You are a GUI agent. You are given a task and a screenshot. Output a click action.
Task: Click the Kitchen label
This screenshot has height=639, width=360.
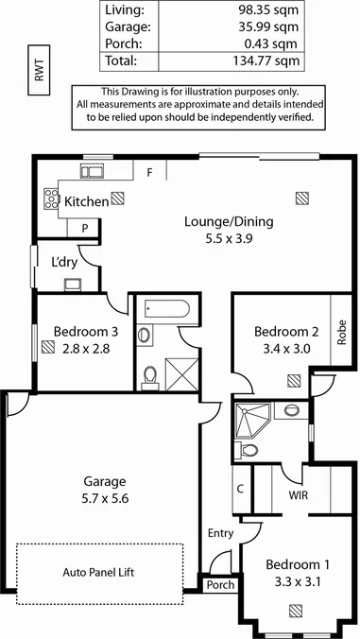84,200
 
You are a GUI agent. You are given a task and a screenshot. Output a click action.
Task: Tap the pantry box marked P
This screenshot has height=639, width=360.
85,228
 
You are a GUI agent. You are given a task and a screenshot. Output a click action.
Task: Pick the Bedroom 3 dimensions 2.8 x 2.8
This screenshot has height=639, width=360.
86,348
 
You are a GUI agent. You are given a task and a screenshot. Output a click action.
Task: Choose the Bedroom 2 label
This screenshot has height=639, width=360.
287,332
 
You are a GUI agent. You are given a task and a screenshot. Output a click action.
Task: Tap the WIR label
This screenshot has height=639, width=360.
298,495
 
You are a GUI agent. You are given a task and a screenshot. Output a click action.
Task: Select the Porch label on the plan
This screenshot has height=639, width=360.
220,584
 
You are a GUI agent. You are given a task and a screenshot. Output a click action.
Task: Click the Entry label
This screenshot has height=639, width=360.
220,533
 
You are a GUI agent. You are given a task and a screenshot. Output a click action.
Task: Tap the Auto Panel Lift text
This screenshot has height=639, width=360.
101,572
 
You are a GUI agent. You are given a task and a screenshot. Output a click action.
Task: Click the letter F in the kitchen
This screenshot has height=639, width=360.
149,173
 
